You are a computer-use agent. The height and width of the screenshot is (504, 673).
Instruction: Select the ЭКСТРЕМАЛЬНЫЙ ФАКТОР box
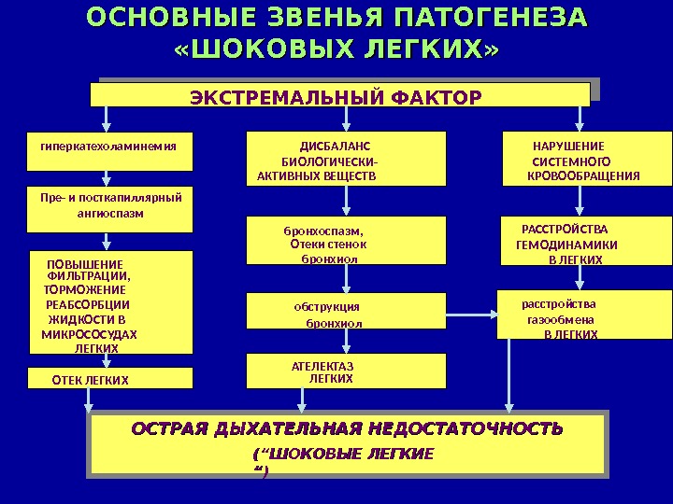pos(339,96)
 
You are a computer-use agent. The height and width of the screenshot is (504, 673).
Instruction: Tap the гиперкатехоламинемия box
pos(109,153)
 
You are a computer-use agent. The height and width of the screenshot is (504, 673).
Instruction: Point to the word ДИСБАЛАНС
pos(335,146)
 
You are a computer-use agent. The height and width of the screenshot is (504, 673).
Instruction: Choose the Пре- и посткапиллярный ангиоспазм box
pos(109,210)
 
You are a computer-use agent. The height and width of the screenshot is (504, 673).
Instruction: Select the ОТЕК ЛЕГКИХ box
pos(110,379)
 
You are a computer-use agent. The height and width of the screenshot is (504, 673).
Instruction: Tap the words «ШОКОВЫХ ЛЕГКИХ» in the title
pos(337,48)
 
